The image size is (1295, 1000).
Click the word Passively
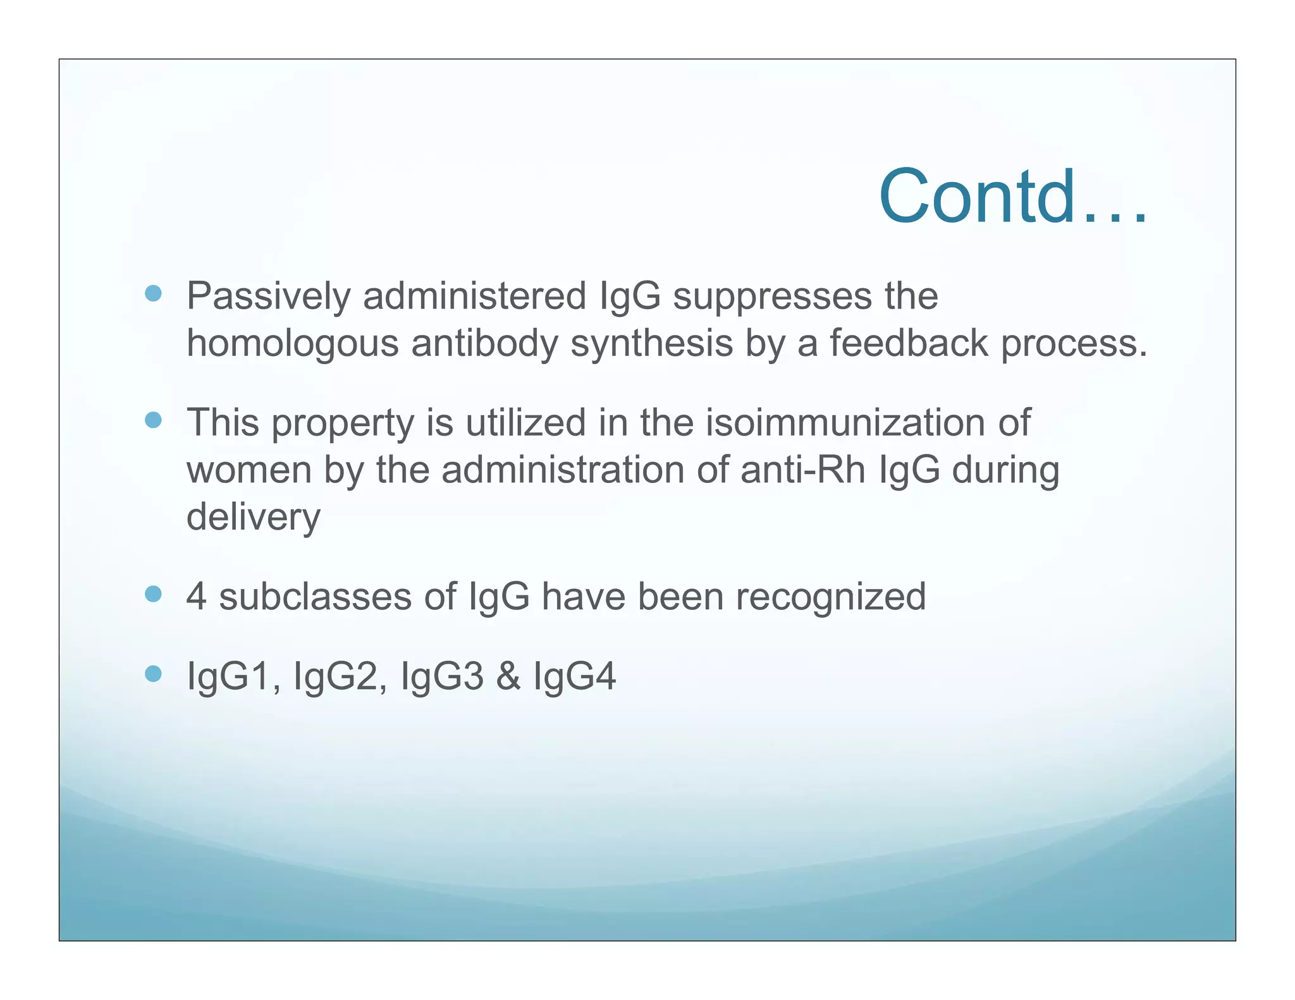pos(268,296)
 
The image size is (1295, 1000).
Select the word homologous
pos(292,344)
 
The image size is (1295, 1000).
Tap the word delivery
pos(254,517)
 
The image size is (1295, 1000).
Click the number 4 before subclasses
pos(197,596)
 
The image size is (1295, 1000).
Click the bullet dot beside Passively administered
pos(153,293)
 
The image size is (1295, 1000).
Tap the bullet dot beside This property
pos(153,420)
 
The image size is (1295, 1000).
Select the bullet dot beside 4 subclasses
pos(153,594)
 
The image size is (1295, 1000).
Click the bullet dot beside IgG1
pos(153,674)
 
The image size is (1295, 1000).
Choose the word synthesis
pos(651,344)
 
